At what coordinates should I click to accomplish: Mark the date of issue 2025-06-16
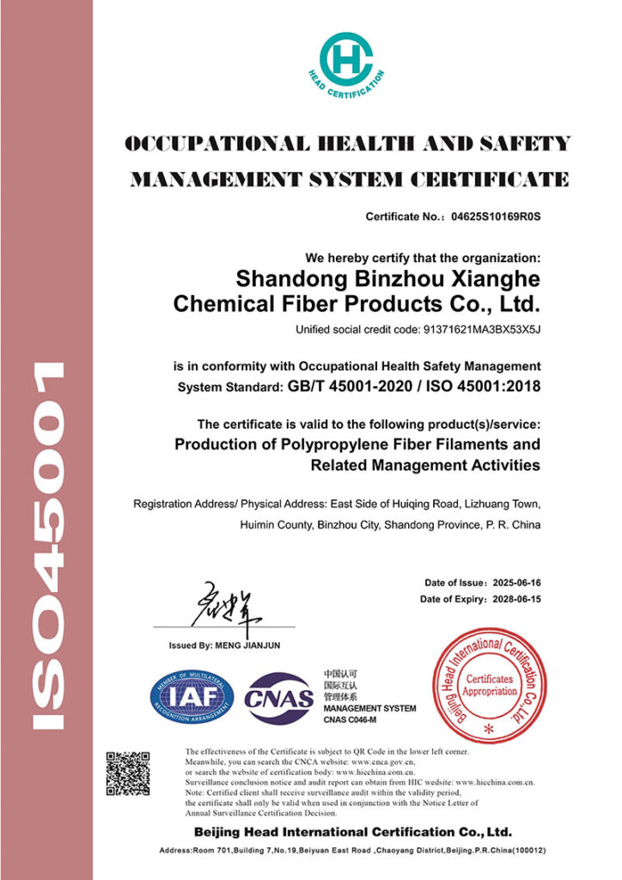pyautogui.click(x=513, y=583)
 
